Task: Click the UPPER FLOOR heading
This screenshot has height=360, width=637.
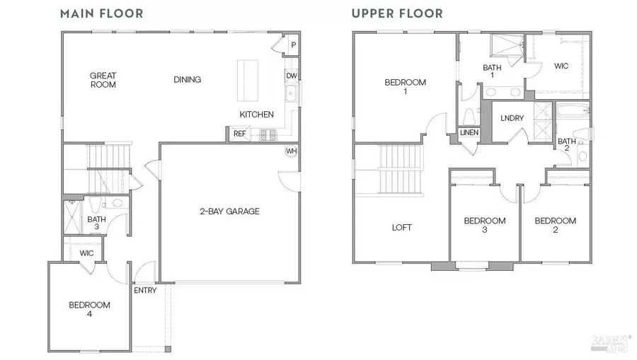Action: coord(396,13)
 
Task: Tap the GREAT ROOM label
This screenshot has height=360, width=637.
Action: coord(103,80)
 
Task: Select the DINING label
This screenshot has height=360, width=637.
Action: coord(188,80)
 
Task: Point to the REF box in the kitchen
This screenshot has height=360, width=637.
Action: coord(239,133)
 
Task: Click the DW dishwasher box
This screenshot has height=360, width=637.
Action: coord(291,76)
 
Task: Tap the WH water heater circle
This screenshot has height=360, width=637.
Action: coord(291,151)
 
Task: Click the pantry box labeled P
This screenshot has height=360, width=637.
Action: coord(293,45)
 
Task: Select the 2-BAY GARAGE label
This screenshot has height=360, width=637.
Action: coord(229,211)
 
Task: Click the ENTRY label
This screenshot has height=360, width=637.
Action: coord(145,290)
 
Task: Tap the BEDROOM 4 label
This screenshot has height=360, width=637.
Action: coord(89,310)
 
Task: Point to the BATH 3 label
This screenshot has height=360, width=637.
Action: coord(96,223)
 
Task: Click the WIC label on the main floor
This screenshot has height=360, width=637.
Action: coord(86,252)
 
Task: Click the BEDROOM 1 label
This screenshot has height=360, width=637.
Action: coord(406,87)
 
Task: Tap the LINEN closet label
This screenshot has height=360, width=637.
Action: coord(468,132)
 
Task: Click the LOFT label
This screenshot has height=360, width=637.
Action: coord(402,228)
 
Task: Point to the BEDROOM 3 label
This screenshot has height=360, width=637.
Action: coord(485,226)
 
